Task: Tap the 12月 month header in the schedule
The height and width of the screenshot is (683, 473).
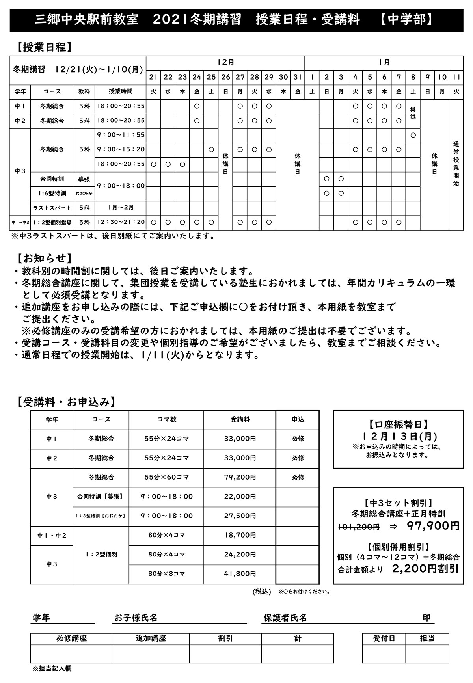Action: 225,62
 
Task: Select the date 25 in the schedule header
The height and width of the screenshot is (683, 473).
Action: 211,77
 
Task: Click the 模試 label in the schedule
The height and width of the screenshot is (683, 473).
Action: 413,113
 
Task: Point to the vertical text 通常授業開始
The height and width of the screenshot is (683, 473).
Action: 456,164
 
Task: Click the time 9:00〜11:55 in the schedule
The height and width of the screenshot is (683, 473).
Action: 121,135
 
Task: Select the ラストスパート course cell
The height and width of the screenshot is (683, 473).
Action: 52,208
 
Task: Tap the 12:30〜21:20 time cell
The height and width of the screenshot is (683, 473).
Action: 121,223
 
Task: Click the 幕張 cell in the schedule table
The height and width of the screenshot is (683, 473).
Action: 84,179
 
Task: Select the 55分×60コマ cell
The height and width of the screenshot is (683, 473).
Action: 167,477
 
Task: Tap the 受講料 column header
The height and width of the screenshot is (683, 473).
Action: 240,420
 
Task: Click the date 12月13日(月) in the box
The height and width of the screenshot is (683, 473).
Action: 398,437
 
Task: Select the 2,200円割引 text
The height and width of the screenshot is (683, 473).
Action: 425,568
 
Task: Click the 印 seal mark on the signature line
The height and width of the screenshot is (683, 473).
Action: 426,618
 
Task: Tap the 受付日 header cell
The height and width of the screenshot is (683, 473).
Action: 384,638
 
